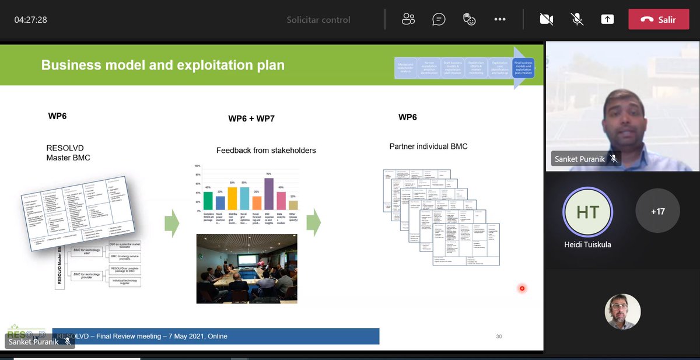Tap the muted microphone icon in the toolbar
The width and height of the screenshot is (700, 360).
click(x=577, y=19)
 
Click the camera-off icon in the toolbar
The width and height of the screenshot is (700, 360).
click(x=547, y=19)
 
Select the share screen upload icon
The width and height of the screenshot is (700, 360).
click(x=607, y=19)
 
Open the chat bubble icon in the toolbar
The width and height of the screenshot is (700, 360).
click(x=439, y=19)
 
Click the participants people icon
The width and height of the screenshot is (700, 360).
click(x=408, y=19)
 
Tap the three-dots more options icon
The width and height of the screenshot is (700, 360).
click(x=500, y=19)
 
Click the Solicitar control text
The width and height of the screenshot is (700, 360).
click(x=318, y=20)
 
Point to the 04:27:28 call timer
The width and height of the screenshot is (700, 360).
click(x=31, y=20)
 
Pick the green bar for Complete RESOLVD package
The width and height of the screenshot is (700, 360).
click(x=208, y=201)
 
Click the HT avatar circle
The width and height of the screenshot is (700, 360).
click(x=587, y=212)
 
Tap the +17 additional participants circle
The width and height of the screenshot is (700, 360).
click(x=657, y=211)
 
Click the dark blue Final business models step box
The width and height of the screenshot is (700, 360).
click(x=523, y=68)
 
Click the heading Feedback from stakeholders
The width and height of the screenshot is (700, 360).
click(x=266, y=151)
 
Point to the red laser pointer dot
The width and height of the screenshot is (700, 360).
click(x=522, y=288)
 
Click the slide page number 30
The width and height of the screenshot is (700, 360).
click(x=499, y=337)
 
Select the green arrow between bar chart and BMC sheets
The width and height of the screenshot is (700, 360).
click(x=314, y=222)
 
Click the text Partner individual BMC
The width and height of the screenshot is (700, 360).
click(x=428, y=146)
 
